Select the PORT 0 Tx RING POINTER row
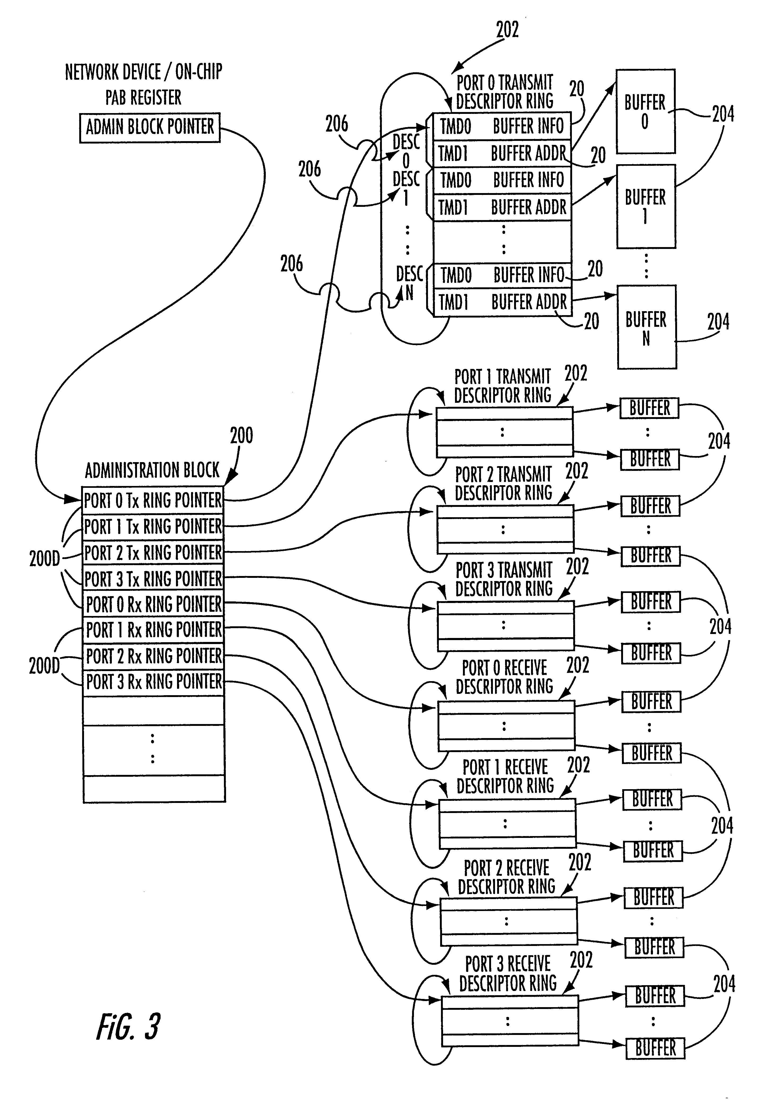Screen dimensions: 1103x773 click(153, 501)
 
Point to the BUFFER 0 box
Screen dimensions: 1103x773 click(645, 111)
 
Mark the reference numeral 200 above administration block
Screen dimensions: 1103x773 click(241, 436)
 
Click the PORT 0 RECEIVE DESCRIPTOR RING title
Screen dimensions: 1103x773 click(504, 677)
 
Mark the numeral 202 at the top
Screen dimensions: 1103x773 click(507, 30)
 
